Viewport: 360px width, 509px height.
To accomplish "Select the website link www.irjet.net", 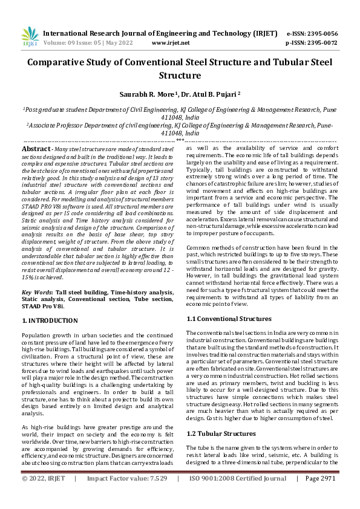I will (x=171, y=43).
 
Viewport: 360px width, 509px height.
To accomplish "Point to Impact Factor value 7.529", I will (x=157, y=495).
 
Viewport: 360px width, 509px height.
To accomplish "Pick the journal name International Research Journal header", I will (x=121, y=33).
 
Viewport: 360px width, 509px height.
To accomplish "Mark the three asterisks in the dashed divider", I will (x=180, y=140).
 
